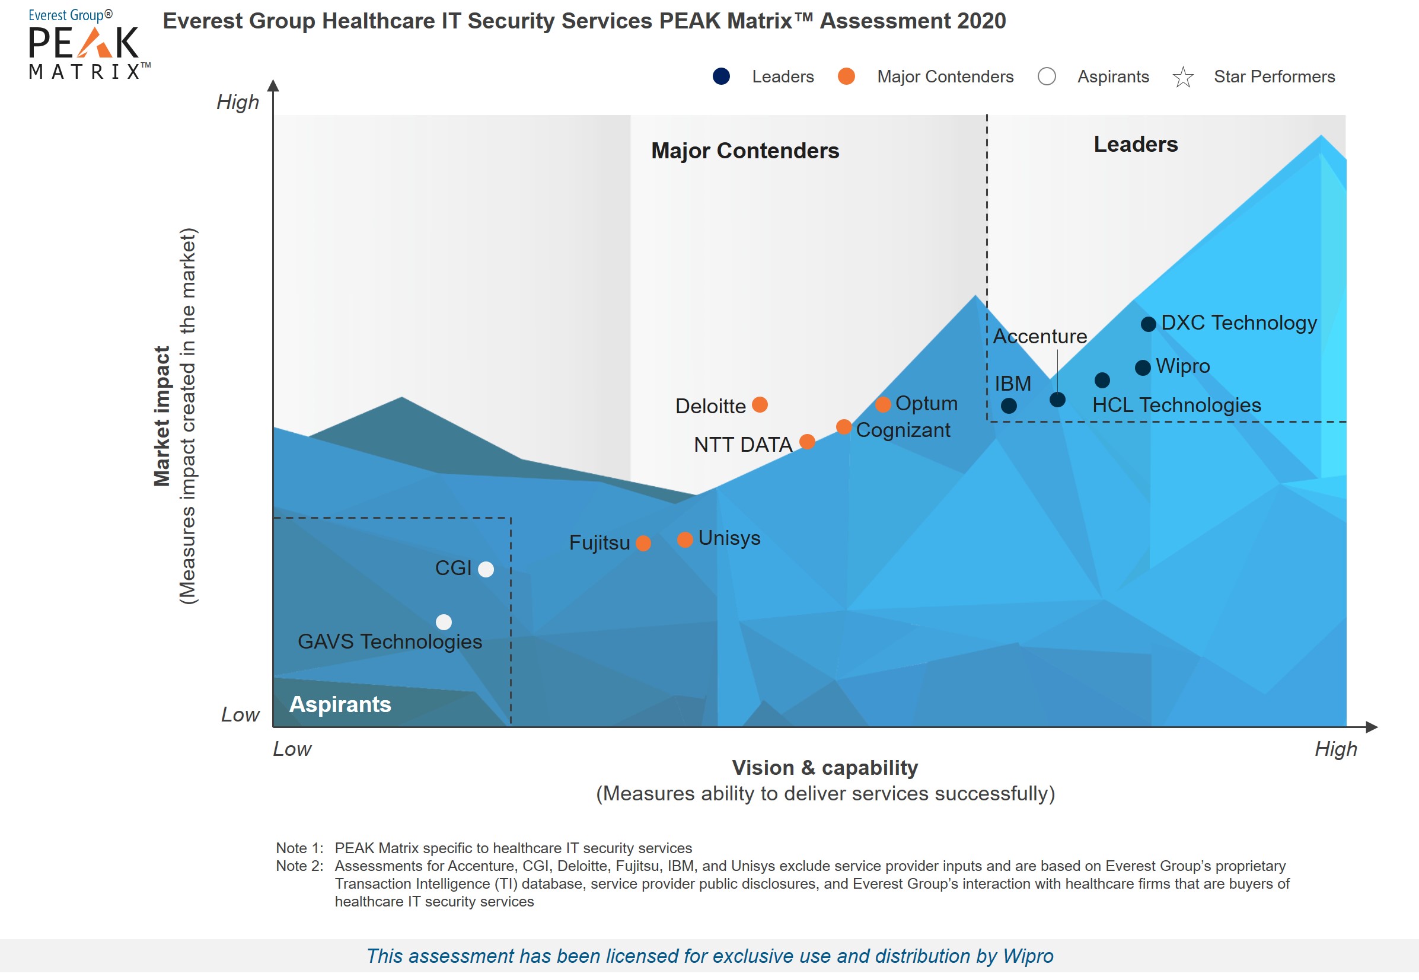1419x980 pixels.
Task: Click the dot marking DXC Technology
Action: click(1147, 324)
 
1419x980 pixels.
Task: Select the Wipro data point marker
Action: click(1142, 368)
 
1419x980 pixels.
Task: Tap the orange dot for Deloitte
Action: click(760, 405)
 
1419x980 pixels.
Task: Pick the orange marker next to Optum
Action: click(882, 405)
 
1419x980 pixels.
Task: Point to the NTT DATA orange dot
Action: click(807, 442)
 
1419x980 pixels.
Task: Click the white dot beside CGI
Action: click(486, 569)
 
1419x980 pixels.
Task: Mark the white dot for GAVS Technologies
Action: click(444, 622)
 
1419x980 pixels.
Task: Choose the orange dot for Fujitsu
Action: click(643, 544)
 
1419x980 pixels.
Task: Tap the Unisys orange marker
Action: click(685, 539)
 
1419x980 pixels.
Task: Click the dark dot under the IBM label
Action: click(1008, 406)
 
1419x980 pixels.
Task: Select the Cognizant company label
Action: click(903, 430)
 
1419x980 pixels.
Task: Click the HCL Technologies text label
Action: click(1176, 406)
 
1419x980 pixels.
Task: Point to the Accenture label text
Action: click(1039, 337)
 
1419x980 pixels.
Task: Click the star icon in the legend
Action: click(1182, 77)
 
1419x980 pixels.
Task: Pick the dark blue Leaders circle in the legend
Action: click(721, 76)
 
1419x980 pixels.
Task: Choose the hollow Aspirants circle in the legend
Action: click(1046, 76)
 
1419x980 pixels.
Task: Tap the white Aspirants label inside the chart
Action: click(340, 704)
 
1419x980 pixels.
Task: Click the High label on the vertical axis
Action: click(238, 102)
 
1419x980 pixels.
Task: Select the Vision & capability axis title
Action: click(825, 768)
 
